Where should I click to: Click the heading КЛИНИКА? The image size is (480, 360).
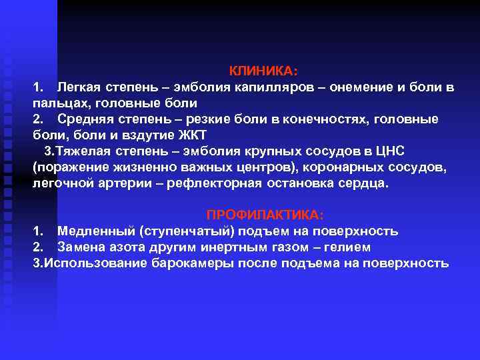(x=265, y=71)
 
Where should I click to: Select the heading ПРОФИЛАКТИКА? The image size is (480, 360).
(x=265, y=215)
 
